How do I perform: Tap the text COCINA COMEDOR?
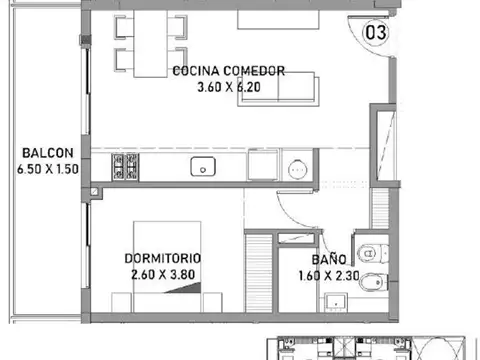(x=229, y=71)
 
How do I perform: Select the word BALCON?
(x=45, y=153)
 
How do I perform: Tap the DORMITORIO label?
(x=166, y=256)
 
